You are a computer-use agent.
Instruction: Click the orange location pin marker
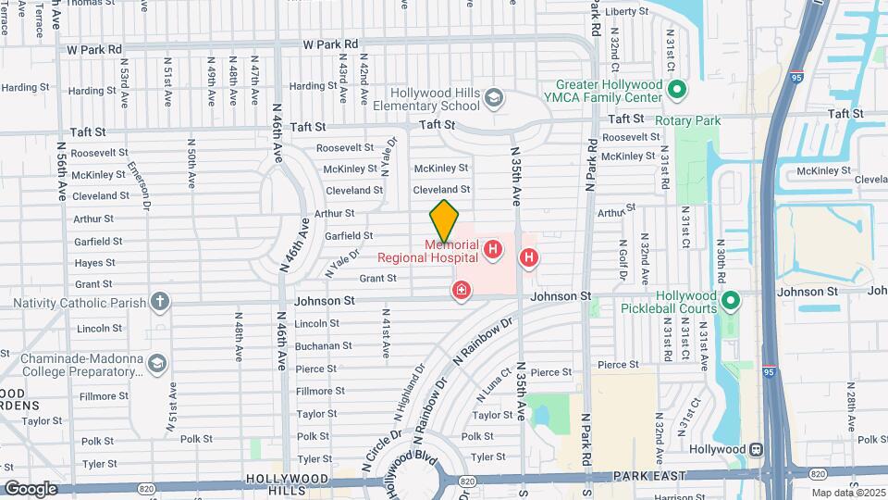coord(444,221)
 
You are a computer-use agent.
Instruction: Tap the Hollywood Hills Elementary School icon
coord(495,97)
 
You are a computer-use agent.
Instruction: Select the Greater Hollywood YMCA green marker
coord(676,90)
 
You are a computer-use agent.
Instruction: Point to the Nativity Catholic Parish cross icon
coord(160,301)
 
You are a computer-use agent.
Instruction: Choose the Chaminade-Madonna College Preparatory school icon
coord(156,363)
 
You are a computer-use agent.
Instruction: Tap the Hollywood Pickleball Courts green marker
coord(731,300)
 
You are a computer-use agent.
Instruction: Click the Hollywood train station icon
coord(756,449)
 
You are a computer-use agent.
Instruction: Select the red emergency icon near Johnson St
coord(461,292)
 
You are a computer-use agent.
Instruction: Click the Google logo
coord(31,488)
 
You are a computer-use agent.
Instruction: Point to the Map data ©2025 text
coord(848,493)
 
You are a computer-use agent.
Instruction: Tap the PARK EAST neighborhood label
coord(647,476)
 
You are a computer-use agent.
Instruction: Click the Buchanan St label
coord(323,345)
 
